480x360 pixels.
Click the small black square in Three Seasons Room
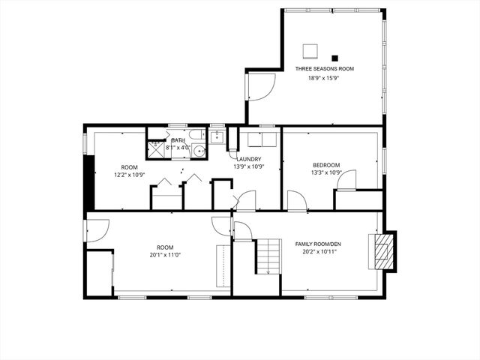point(334,58)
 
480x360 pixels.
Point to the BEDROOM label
point(326,165)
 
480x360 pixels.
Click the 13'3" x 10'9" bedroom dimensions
point(326,173)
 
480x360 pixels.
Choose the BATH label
point(178,140)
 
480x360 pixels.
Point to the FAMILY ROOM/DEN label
point(319,244)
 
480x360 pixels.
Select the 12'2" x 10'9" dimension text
point(129,175)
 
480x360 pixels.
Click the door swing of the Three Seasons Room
point(259,87)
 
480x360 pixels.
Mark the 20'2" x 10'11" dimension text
point(319,252)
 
